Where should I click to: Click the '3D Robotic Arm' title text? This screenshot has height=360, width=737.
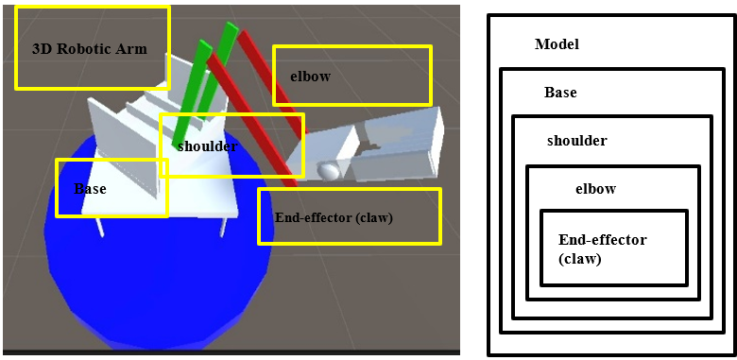[x=90, y=49]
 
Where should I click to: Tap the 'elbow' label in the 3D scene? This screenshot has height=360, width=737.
[x=310, y=77]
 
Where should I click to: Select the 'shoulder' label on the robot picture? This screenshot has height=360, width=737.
[x=206, y=146]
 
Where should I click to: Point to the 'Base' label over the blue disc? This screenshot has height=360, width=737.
[x=90, y=189]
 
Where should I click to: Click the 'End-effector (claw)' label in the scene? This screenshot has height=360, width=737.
[x=333, y=217]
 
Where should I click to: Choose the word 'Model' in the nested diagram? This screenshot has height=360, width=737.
[x=557, y=44]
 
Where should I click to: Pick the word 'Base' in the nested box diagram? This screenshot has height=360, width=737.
[x=560, y=93]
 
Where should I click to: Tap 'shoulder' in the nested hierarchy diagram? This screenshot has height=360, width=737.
[x=576, y=141]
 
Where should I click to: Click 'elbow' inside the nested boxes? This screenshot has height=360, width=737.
[x=595, y=188]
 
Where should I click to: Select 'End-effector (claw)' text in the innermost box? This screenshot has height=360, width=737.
[x=602, y=248]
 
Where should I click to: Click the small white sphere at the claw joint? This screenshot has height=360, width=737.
[x=329, y=171]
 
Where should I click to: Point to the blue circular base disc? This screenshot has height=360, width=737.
[x=142, y=283]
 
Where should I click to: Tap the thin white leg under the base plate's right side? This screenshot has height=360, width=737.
[x=223, y=226]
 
